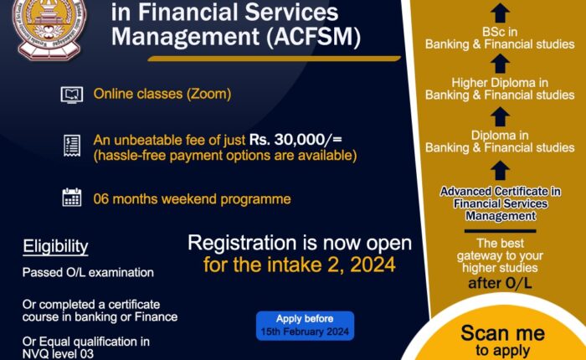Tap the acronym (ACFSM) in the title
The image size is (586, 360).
point(314,37)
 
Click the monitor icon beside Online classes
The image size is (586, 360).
point(72,95)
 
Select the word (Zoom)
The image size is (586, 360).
point(208,94)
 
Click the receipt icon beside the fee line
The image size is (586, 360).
point(72,146)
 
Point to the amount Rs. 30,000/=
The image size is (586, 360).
point(296,140)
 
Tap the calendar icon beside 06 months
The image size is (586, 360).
point(72,197)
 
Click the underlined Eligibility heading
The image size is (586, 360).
point(55,247)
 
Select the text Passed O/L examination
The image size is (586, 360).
point(88,272)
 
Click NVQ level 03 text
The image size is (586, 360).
point(58,353)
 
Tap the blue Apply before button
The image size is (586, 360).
point(305,326)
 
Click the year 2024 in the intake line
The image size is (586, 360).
point(373,265)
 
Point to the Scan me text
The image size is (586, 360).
point(502,332)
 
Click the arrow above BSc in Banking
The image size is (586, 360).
point(500,13)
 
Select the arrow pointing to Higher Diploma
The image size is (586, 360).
point(500,64)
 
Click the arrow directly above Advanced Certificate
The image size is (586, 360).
point(500,171)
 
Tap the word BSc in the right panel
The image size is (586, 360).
point(491,32)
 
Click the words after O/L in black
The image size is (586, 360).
point(500,283)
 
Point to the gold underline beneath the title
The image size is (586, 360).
point(274,59)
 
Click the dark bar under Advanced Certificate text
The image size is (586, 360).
point(500,231)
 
